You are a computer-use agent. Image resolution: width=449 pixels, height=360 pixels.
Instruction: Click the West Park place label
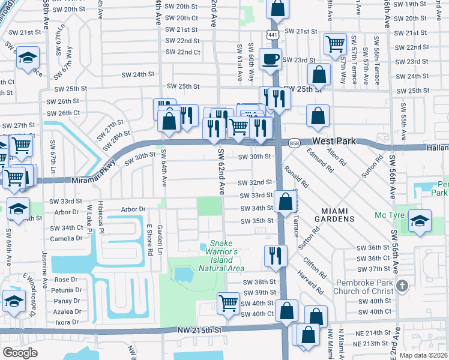334,141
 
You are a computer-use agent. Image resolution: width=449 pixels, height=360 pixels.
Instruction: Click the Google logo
20,352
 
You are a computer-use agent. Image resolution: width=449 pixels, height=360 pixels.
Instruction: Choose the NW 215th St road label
200,331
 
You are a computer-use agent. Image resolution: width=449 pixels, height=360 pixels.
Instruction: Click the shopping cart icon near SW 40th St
229,304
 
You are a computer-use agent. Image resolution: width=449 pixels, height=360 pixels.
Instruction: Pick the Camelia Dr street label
66,238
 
